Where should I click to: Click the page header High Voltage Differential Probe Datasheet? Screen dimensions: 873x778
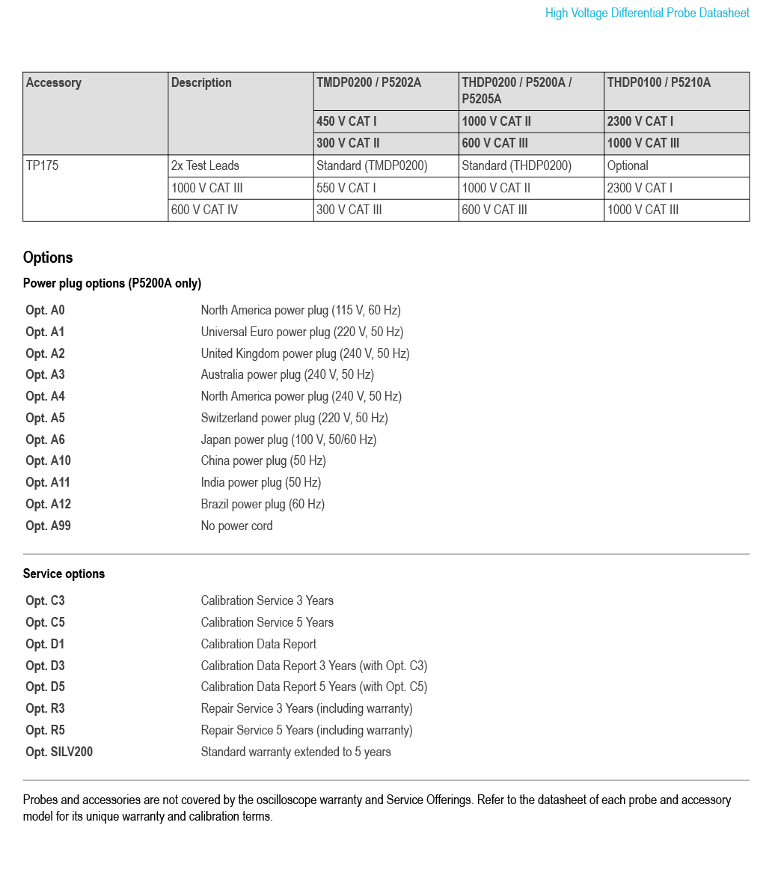coord(647,13)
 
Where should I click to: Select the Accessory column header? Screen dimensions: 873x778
coord(54,83)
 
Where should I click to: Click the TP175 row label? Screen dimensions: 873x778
coord(42,165)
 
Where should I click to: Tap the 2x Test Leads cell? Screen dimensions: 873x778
coord(205,165)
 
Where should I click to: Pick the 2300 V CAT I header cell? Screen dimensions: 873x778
coord(640,121)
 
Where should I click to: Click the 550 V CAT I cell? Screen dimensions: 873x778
coord(346,188)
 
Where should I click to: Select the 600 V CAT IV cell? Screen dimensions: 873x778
coord(204,210)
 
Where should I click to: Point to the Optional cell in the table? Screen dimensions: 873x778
coord(628,165)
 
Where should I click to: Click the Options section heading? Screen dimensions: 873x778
coord(48,258)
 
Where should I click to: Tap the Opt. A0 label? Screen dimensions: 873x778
coord(46,310)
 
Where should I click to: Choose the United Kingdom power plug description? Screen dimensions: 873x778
coord(305,353)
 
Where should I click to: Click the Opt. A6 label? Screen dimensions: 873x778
coord(46,439)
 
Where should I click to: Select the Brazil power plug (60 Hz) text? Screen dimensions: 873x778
coord(263,504)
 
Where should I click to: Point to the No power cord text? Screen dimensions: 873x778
coord(236,526)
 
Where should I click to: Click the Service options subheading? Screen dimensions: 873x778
coord(64,574)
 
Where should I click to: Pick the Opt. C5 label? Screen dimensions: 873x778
coord(46,622)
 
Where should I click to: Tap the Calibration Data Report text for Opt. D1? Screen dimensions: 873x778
coord(258,644)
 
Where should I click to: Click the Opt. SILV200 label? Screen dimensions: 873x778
coord(59,752)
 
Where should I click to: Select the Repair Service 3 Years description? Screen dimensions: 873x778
coord(307,708)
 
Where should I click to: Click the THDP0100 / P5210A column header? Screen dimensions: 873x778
coord(659,83)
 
